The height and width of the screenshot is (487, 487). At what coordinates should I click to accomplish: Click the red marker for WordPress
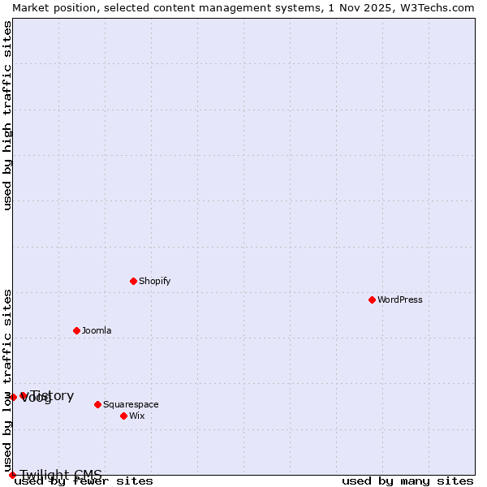pyautogui.click(x=372, y=300)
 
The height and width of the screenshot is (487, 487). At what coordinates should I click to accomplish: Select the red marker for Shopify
pyautogui.click(x=133, y=281)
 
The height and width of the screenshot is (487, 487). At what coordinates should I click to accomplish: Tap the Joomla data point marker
pyautogui.click(x=76, y=330)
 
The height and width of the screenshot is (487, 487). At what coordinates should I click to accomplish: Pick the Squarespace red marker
pyautogui.click(x=97, y=404)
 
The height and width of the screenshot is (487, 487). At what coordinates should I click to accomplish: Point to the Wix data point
pyautogui.click(x=123, y=416)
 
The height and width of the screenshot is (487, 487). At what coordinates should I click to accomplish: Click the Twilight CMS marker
pyautogui.click(x=12, y=475)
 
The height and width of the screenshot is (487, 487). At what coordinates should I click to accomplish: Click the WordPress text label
pyautogui.click(x=400, y=300)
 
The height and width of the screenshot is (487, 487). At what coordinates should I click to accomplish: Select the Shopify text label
pyautogui.click(x=154, y=281)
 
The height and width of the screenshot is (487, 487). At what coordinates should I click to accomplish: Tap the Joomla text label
pyautogui.click(x=97, y=330)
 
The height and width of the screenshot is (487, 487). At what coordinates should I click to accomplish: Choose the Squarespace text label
pyautogui.click(x=131, y=404)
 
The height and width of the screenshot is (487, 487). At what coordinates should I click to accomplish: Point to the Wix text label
pyautogui.click(x=137, y=416)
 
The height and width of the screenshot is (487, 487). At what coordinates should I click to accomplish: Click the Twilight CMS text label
pyautogui.click(x=61, y=475)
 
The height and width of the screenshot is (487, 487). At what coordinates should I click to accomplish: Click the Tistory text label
pyautogui.click(x=54, y=395)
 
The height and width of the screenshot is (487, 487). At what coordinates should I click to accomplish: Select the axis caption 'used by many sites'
pyautogui.click(x=407, y=481)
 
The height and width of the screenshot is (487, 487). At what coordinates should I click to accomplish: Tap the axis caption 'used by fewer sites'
pyautogui.click(x=84, y=481)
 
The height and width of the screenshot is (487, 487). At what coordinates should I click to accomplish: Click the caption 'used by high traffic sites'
pyautogui.click(x=8, y=115)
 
